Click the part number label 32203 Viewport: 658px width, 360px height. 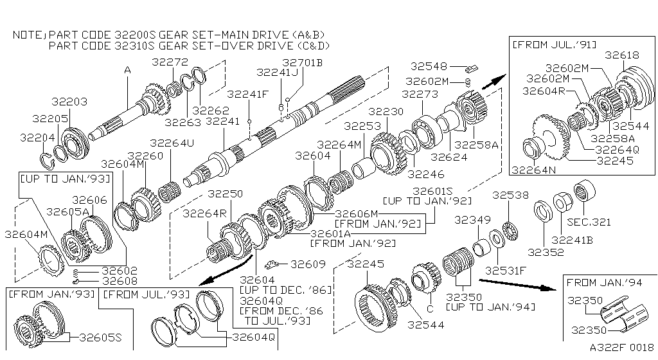(69, 102)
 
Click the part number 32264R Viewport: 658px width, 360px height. (202, 213)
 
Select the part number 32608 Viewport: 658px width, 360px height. (122, 281)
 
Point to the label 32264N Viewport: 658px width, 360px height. (533, 170)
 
